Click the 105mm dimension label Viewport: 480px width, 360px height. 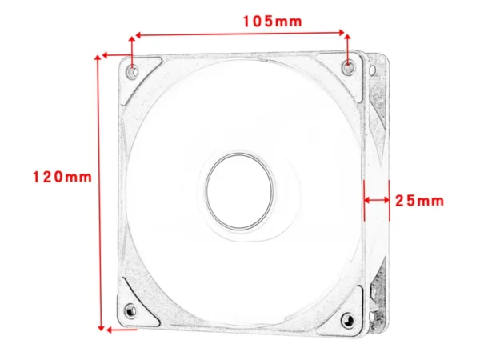point(273,22)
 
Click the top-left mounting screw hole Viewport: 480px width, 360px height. point(132,72)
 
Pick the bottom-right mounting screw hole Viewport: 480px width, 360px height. point(346,320)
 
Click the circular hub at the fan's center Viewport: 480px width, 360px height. point(240,190)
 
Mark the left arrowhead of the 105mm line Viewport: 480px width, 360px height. point(136,35)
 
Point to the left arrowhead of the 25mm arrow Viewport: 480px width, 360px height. point(365,200)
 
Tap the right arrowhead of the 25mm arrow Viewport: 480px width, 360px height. point(387,200)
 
